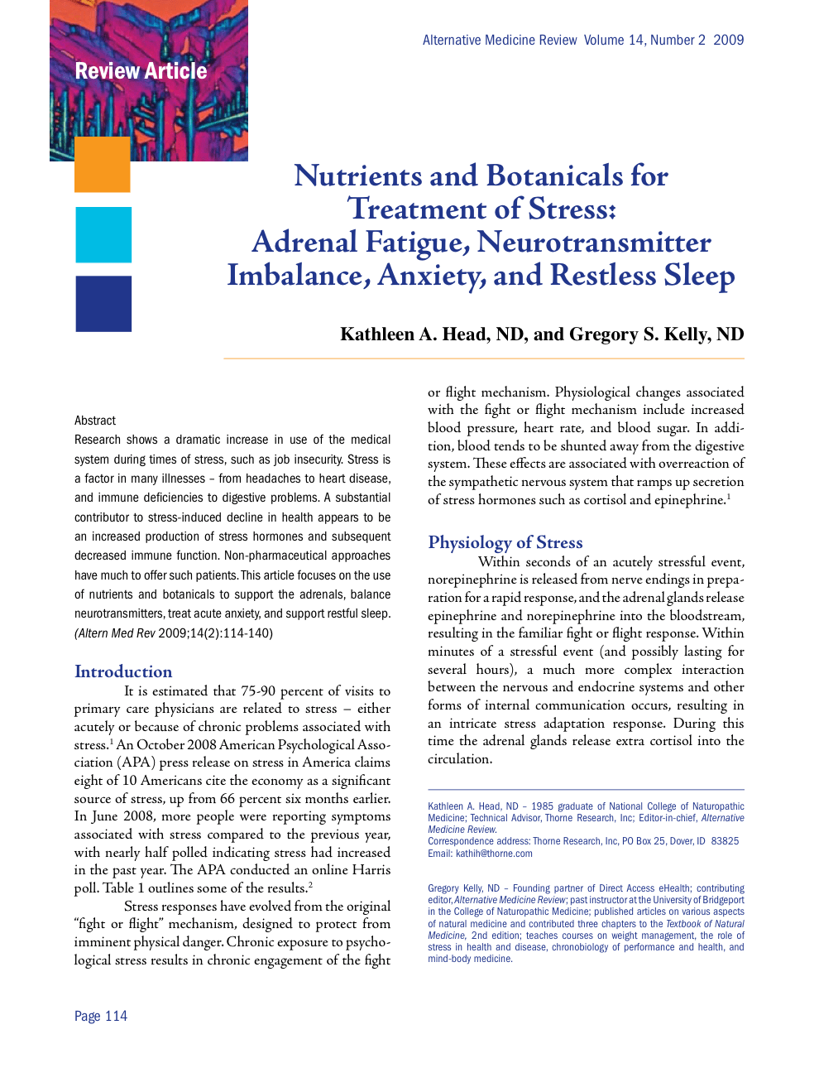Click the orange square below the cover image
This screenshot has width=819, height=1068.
103,165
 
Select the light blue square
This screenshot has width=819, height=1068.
103,235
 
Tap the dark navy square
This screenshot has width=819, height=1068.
103,304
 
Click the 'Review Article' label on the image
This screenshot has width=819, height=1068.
141,71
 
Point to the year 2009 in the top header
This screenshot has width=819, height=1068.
728,40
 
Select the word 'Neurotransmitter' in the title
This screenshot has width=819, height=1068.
593,242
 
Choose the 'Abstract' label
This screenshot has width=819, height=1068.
95,421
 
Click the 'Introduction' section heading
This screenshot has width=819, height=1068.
123,671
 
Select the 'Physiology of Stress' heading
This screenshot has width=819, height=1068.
505,542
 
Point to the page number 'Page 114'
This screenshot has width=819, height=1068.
101,1016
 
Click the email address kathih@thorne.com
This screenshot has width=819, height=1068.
494,854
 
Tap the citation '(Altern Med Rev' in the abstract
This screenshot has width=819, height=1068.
115,633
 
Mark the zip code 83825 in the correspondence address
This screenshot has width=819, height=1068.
725,841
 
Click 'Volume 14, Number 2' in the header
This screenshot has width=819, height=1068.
644,40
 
